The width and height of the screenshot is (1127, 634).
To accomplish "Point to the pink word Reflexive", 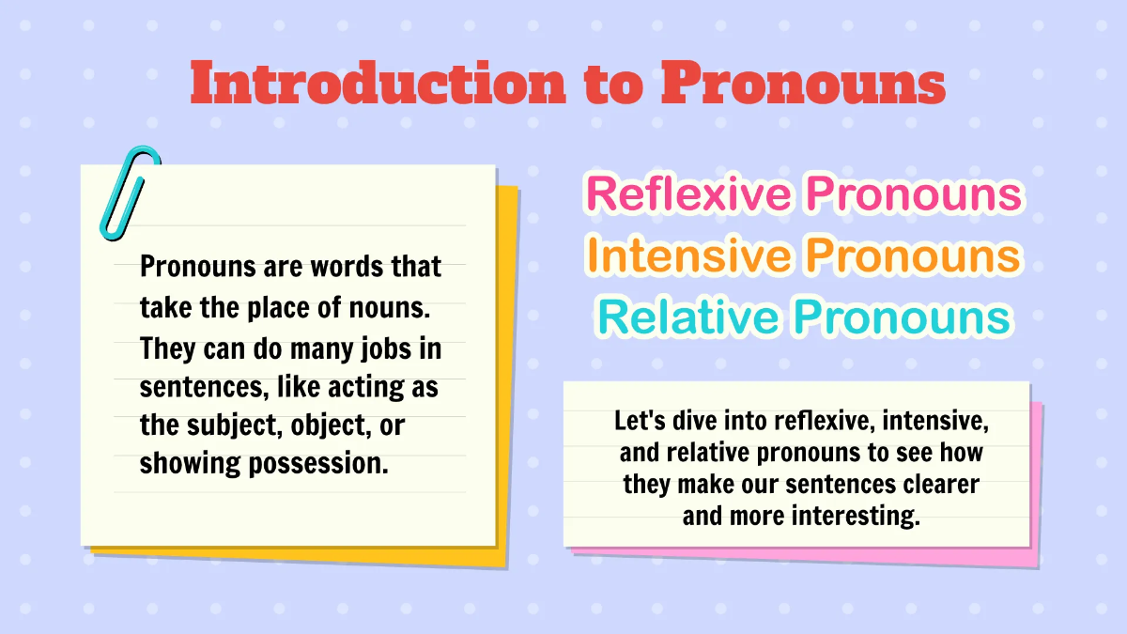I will [x=687, y=193].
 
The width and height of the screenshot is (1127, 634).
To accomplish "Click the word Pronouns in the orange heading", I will [x=914, y=255].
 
